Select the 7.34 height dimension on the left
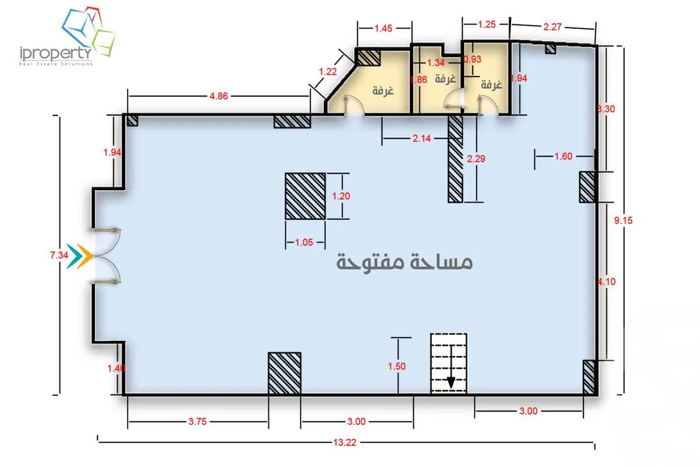(x=60, y=255)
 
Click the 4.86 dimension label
(x=218, y=96)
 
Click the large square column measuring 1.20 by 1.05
(x=305, y=196)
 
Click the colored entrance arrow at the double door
(x=79, y=256)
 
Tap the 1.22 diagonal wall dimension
(x=328, y=71)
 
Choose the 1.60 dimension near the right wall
(x=563, y=156)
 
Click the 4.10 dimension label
(x=607, y=282)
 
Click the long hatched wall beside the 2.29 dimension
(x=455, y=159)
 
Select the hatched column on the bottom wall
(x=284, y=373)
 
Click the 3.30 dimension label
(x=607, y=109)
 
